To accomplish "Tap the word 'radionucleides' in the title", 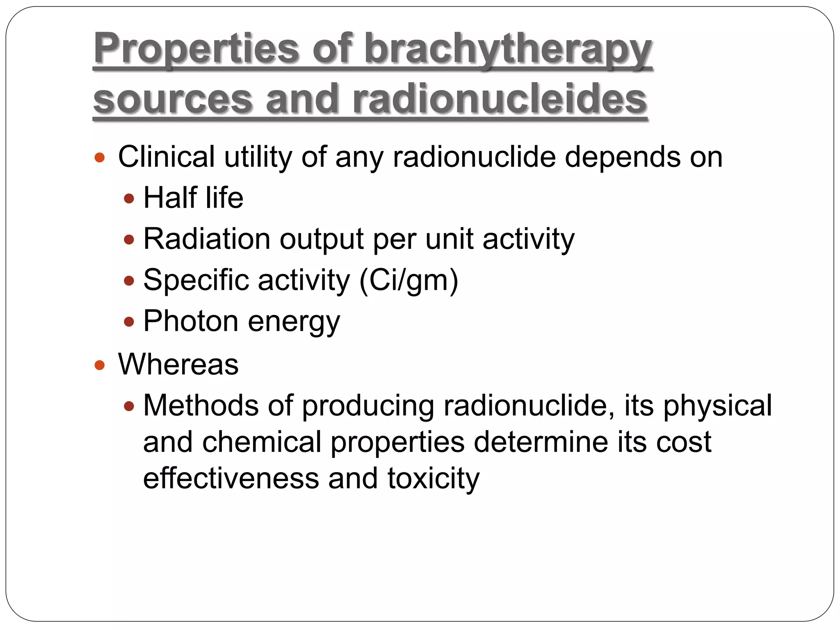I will (500, 99).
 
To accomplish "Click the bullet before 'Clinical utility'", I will (100, 157).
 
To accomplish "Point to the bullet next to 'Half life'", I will (129, 199).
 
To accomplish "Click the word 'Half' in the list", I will (170, 198).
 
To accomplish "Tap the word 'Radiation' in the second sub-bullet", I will (207, 239).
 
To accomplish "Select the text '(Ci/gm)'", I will (409, 281).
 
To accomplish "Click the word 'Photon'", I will (191, 321).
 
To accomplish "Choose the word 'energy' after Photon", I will (294, 322).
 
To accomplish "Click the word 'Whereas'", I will (178, 364).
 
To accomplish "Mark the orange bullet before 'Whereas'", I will (100, 365).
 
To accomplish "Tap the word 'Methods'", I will (201, 405).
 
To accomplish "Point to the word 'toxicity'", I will (433, 479).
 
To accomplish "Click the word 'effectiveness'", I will (231, 478).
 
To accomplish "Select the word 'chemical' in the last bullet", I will (261, 442).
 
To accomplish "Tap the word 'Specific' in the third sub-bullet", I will (196, 281).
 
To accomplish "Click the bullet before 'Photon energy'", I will (129, 322).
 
